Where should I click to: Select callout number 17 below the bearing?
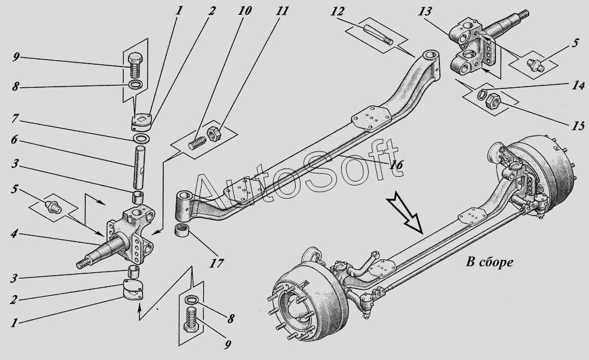(x=216, y=263)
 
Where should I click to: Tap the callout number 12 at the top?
(x=337, y=12)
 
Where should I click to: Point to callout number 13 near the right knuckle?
(x=425, y=12)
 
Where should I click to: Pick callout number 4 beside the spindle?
(x=14, y=234)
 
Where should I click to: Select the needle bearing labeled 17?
(x=184, y=229)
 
